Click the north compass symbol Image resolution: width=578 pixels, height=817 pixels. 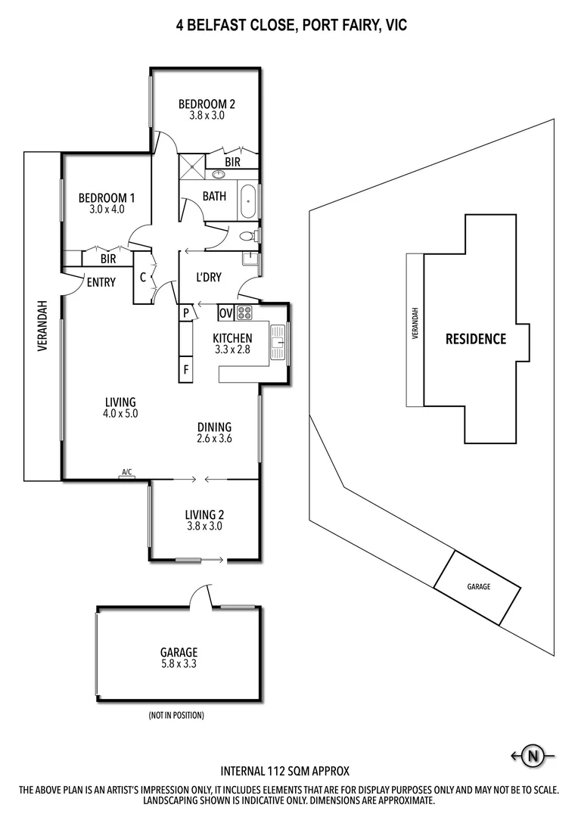point(534,755)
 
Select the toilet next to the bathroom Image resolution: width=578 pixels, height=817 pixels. point(247,237)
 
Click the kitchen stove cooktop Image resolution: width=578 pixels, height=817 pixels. point(245,312)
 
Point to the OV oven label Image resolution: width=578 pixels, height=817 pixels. point(225,312)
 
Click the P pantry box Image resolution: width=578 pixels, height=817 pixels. point(185,312)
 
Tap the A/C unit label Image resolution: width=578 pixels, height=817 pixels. point(127,473)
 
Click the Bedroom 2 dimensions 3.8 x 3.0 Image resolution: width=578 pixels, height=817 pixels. point(207,116)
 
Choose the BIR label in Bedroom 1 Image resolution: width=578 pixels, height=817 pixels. point(108,259)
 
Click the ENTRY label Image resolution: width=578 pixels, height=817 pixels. point(101,283)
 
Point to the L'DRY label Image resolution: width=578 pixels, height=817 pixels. point(209,278)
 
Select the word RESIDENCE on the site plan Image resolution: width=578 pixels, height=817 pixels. point(475,339)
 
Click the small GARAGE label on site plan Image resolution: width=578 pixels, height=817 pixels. point(478,586)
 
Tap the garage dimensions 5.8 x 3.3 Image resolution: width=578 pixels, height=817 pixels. point(179,665)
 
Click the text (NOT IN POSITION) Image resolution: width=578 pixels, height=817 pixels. point(176,715)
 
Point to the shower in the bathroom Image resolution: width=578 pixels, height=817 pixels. point(191,166)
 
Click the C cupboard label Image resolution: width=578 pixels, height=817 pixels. point(143,277)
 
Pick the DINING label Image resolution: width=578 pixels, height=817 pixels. point(214,427)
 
